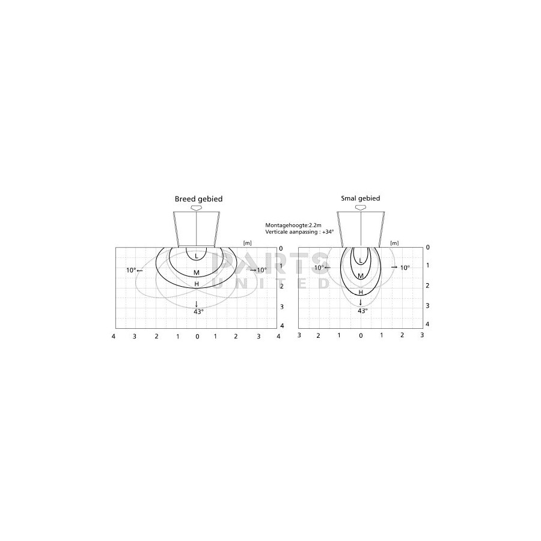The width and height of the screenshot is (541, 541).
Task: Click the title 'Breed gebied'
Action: tap(198, 199)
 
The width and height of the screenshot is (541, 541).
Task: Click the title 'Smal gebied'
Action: tap(361, 198)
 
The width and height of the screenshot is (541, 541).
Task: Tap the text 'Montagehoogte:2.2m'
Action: tap(293, 225)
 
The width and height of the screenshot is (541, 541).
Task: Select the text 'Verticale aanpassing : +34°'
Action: tap(299, 232)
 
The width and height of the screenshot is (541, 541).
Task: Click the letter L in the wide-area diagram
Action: tap(197, 256)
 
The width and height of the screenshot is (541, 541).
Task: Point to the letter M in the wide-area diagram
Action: tap(197, 272)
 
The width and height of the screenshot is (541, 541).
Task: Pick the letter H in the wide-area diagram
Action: tap(197, 284)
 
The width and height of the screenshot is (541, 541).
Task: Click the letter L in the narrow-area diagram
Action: tap(361, 260)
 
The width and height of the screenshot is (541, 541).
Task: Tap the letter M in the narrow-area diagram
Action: tap(361, 276)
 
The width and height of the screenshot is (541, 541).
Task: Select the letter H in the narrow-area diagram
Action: tap(361, 292)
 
